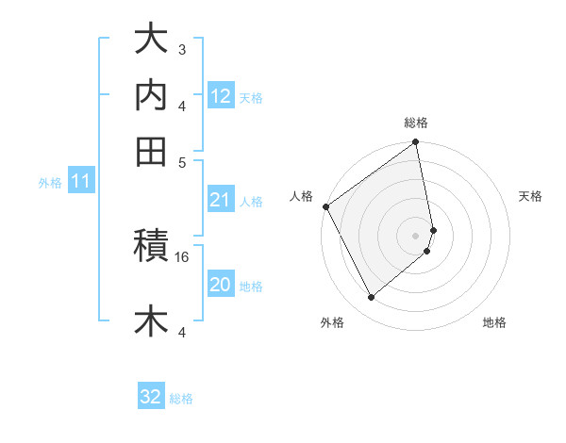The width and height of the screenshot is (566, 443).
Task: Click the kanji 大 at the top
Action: (151, 41)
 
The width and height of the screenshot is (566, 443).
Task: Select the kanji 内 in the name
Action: (151, 96)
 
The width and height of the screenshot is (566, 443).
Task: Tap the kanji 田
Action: (151, 152)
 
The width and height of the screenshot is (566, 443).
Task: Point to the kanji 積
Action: (151, 248)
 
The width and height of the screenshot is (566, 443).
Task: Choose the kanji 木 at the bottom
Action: (151, 320)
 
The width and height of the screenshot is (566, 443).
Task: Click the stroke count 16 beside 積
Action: (182, 256)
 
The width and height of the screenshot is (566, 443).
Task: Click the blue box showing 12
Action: (220, 96)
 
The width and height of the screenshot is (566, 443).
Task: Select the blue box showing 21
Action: (220, 200)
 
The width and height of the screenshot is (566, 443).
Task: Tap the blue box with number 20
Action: (220, 285)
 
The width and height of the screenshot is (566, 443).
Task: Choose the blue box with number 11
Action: (80, 181)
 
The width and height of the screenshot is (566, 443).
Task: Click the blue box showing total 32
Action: (151, 397)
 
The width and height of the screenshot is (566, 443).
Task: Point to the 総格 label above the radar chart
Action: (416, 123)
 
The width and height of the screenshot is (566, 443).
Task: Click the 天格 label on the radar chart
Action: (531, 196)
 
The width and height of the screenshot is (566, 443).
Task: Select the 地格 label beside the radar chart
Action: (494, 322)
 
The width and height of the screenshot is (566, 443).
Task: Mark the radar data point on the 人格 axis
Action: (325, 206)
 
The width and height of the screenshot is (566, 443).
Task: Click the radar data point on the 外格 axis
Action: (371, 298)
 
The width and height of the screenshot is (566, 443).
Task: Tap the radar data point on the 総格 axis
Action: (416, 143)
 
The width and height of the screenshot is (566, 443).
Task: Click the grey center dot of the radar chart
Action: (416, 235)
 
